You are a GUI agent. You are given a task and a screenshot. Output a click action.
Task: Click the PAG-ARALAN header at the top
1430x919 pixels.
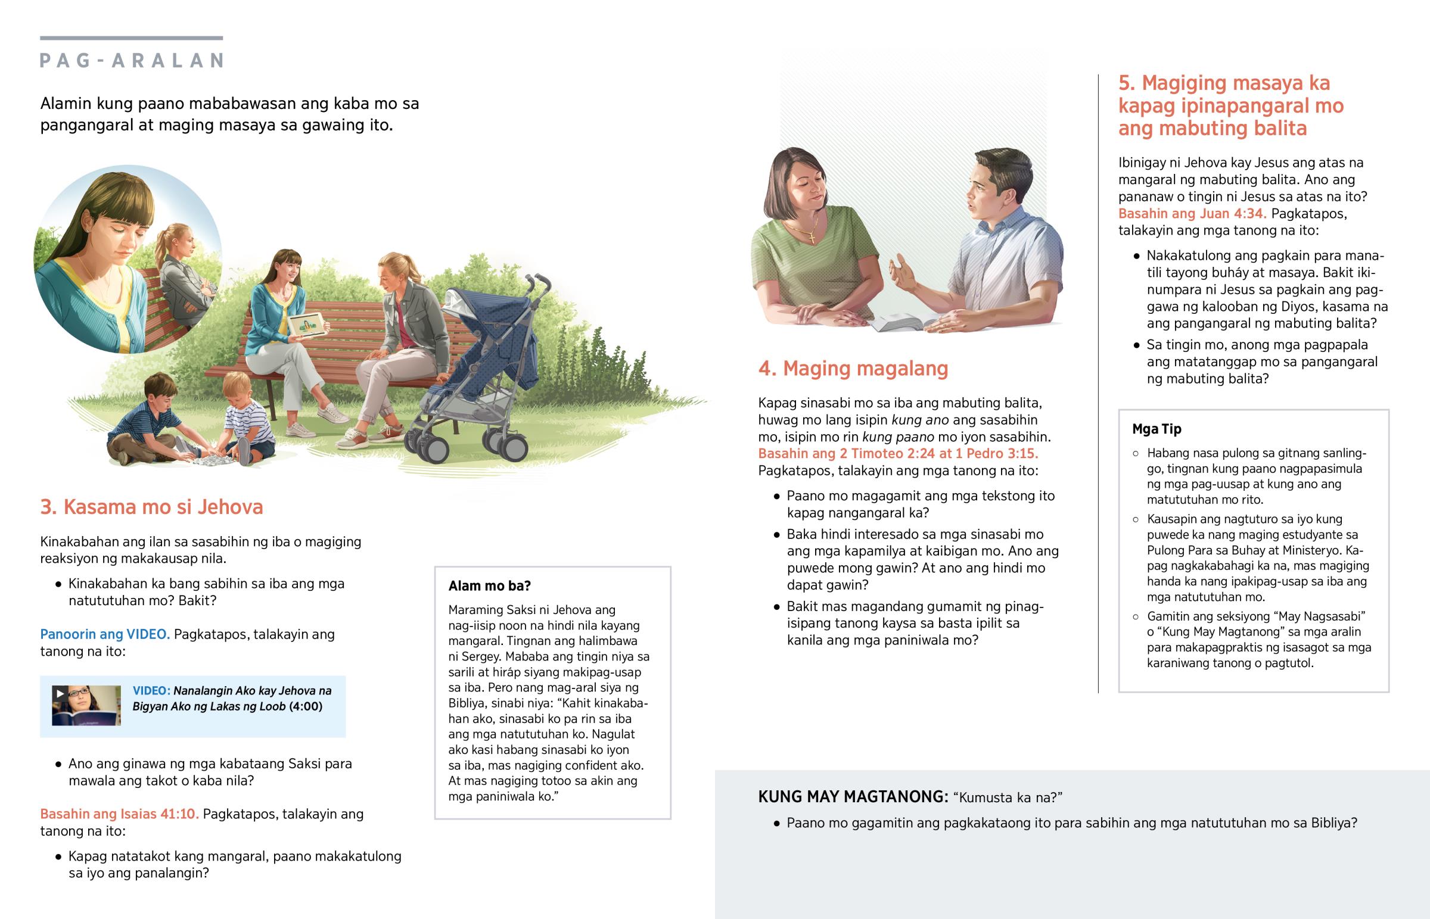point(131,60)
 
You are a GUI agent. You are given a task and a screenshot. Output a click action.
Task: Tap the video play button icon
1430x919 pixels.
point(60,693)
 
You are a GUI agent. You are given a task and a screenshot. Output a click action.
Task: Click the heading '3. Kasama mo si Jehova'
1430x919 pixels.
point(151,507)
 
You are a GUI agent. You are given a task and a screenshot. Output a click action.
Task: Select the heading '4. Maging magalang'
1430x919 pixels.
point(853,369)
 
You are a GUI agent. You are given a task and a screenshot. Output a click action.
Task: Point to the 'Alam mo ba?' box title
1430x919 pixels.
point(489,586)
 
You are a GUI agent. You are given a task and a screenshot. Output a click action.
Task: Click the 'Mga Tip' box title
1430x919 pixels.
point(1156,429)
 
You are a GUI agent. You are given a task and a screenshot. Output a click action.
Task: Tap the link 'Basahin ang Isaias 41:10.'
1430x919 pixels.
point(119,814)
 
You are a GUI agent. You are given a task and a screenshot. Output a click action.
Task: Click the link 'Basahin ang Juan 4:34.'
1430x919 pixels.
point(1192,214)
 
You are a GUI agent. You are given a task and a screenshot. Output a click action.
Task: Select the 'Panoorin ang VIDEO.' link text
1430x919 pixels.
point(105,634)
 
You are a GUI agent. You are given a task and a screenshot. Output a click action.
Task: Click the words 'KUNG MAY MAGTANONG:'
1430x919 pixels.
point(852,797)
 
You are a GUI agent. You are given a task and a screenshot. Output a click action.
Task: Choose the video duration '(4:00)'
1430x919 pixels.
point(306,706)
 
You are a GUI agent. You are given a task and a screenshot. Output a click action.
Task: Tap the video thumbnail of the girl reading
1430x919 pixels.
point(86,705)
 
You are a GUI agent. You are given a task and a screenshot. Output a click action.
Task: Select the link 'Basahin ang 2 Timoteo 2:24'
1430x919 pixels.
point(854,453)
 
